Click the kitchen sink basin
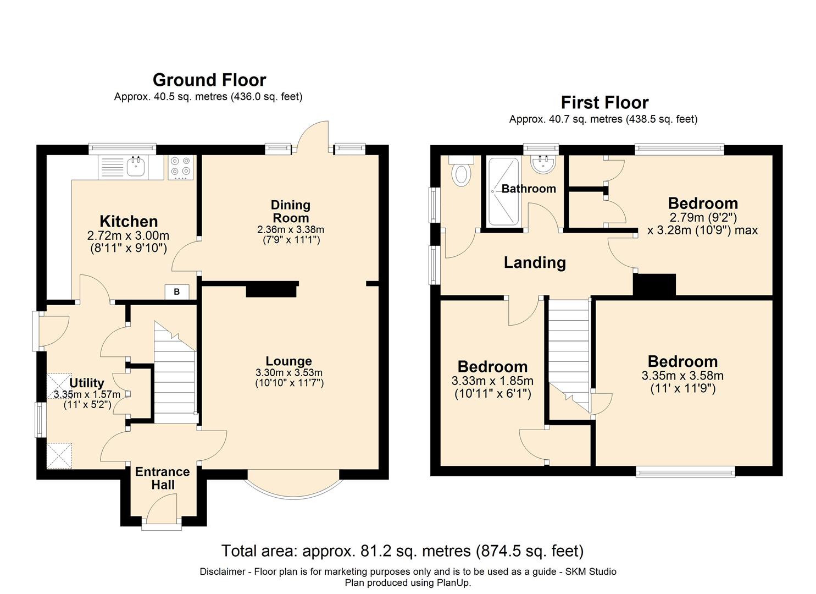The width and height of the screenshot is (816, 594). pyautogui.click(x=136, y=167)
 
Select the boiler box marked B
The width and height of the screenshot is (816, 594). pyautogui.click(x=177, y=291)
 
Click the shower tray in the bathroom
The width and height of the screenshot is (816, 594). pyautogui.click(x=503, y=191)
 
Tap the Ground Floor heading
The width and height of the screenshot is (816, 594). pyautogui.click(x=209, y=80)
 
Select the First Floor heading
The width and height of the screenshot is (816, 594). pyautogui.click(x=604, y=102)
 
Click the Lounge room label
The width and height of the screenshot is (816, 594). pyautogui.click(x=288, y=361)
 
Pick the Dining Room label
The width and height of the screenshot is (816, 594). pyautogui.click(x=291, y=211)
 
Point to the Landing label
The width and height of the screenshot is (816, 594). pyautogui.click(x=535, y=263)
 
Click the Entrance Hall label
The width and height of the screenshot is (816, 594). pyautogui.click(x=163, y=478)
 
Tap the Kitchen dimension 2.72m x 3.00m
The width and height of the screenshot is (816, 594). pyautogui.click(x=128, y=235)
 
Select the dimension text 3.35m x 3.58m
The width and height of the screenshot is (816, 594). pyautogui.click(x=682, y=375)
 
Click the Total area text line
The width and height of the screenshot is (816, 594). pyautogui.click(x=403, y=551)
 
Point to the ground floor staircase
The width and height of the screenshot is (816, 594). pyautogui.click(x=175, y=372)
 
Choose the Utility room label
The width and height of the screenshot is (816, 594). pyautogui.click(x=87, y=383)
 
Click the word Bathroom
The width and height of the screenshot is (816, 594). pyautogui.click(x=529, y=189)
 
